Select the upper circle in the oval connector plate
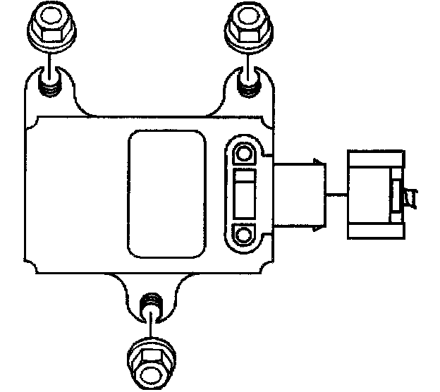[245, 154]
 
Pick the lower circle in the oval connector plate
[245, 233]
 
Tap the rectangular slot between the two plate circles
[245, 193]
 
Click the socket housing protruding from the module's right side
[297, 195]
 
